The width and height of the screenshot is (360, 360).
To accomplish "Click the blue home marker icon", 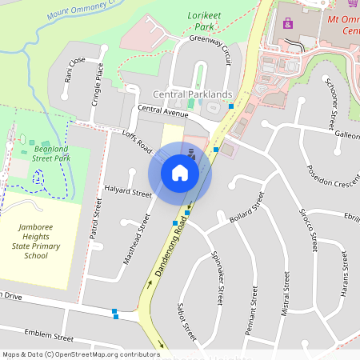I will (x=180, y=172).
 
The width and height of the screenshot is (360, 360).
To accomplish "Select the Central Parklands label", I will (x=198, y=94).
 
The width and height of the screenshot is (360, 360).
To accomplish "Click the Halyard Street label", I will (x=128, y=192).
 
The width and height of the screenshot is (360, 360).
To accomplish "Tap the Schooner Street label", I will (x=330, y=103).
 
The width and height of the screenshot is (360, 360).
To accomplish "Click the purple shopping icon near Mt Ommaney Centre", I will (x=288, y=23).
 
